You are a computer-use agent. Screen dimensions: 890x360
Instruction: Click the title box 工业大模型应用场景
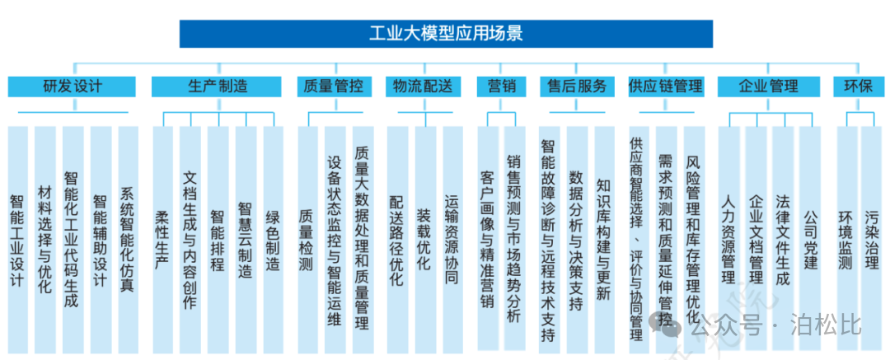[445, 34]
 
